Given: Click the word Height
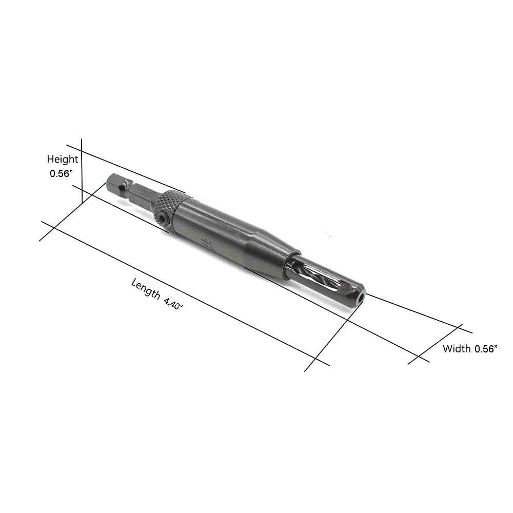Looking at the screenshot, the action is [62, 160].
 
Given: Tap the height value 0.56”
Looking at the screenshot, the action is [60, 173].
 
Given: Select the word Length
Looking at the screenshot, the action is [146, 288].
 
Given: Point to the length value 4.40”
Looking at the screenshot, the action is [173, 303].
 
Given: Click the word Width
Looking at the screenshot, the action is [457, 348].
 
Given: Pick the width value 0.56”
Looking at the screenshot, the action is [486, 349].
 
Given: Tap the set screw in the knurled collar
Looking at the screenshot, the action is [161, 218].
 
